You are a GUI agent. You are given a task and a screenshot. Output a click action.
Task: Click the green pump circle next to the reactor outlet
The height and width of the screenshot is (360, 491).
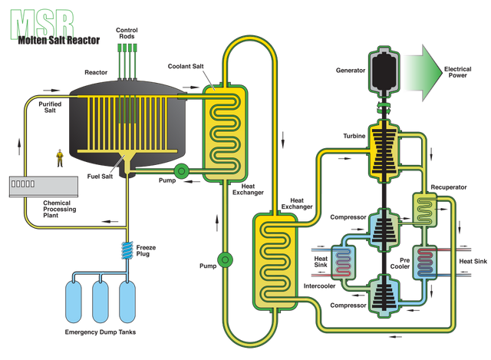(x=182, y=170)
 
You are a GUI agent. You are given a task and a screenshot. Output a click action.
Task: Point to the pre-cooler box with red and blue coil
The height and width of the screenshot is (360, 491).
(x=426, y=262)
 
